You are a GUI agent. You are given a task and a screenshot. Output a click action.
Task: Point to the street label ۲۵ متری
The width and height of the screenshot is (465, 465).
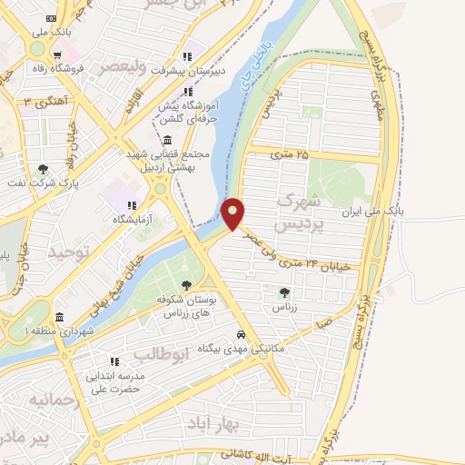point(291,156)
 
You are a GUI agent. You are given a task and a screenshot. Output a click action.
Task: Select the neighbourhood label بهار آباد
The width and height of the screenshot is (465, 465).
point(213,423)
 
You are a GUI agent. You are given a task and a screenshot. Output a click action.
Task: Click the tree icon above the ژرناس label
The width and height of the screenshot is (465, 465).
point(284,292)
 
